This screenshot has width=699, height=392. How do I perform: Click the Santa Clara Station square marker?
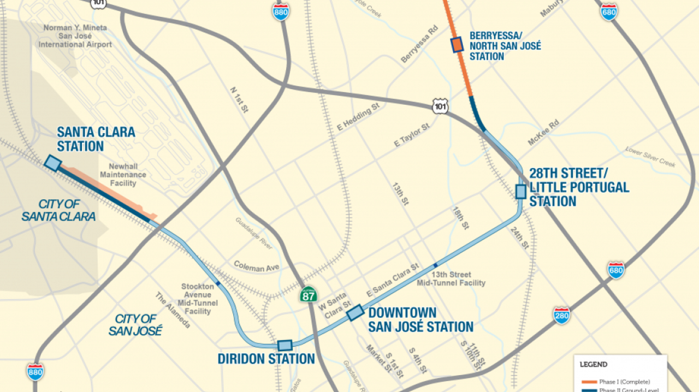[x=52, y=162]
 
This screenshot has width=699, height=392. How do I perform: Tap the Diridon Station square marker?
[x=285, y=345]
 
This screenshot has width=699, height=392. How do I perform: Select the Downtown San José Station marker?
[x=355, y=312]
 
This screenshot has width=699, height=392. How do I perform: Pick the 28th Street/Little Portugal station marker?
[x=520, y=191]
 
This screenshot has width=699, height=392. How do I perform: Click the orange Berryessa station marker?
[x=457, y=45]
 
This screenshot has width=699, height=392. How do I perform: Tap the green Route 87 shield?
[x=307, y=295]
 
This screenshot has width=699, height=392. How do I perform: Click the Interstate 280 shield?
[x=561, y=315]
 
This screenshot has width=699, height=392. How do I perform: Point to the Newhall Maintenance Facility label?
[x=123, y=175]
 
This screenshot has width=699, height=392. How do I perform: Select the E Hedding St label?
[x=358, y=117]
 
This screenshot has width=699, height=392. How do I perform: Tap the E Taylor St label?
[x=412, y=135]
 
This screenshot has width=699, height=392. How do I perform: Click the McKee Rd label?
[x=543, y=133]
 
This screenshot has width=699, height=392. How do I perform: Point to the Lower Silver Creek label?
[x=650, y=157]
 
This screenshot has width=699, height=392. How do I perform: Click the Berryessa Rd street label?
[x=419, y=44]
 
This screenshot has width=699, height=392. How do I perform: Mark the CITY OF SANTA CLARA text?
[x=58, y=210]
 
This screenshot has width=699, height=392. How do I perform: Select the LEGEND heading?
[x=593, y=364]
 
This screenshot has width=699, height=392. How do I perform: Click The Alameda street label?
[x=173, y=310]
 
